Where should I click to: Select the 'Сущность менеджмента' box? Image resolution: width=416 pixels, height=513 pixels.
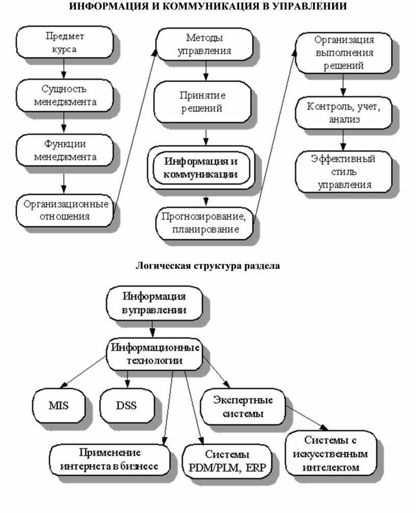click(65, 95)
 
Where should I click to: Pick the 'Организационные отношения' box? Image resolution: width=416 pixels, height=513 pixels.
click(65, 210)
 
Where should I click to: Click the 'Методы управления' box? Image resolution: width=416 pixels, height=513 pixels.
click(205, 44)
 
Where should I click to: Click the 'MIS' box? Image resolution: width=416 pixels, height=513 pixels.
click(59, 406)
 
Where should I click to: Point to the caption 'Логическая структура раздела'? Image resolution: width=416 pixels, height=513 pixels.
click(208, 266)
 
